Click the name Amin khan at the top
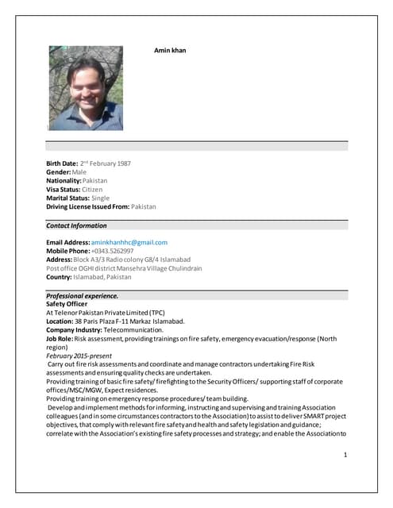[169, 51]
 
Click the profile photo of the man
[86, 88]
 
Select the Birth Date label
[62, 164]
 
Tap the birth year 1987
[121, 164]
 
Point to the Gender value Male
[79, 172]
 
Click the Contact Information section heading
[76, 225]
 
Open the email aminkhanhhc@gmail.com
[129, 242]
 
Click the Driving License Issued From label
[87, 206]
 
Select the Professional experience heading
[83, 295]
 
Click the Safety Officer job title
[67, 304]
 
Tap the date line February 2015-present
[79, 356]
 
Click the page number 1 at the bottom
[345, 455]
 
